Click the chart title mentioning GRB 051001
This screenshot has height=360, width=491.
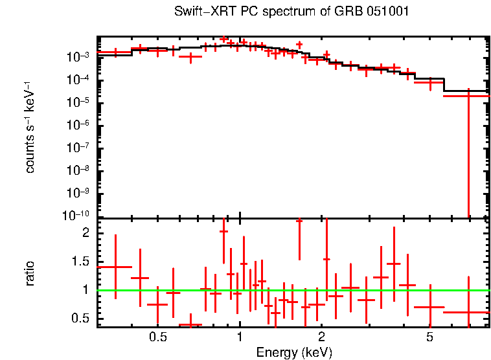click(292, 12)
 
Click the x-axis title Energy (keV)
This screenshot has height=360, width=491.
click(294, 352)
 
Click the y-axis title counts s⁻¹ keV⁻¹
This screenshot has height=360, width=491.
click(30, 128)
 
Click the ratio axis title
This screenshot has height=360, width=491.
click(30, 273)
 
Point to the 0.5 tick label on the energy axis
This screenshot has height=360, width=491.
click(157, 337)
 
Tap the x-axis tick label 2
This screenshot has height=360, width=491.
click(321, 337)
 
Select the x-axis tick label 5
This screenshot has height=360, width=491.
click(429, 337)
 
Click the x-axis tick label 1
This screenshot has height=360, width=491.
click(240, 337)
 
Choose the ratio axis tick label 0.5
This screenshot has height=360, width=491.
click(82, 318)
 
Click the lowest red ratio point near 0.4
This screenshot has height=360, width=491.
click(190, 324)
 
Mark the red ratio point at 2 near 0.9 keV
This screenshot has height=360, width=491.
click(223, 231)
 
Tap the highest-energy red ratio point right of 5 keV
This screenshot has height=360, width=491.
click(468, 312)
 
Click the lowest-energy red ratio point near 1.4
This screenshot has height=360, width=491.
click(115, 267)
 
